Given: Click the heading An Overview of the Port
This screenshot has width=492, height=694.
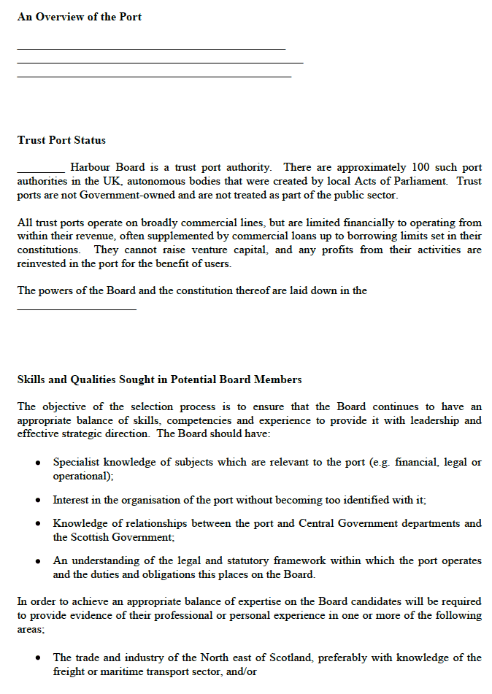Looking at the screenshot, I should pos(80,17).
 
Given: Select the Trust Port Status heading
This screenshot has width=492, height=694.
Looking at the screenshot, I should pos(61,140).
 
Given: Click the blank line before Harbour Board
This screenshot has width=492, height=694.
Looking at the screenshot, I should pos(41,171).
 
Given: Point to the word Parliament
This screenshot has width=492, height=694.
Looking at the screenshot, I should pos(421,182).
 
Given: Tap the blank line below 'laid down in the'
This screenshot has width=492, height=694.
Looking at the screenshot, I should pos(77,309).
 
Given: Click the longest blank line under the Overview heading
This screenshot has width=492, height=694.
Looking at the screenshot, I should pos(160,63).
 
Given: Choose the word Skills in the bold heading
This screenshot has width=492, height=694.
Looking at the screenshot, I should pos(31,379).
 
